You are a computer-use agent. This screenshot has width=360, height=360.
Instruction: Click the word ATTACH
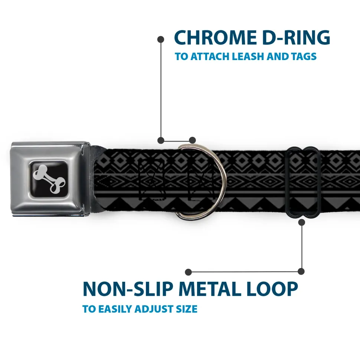[x=210, y=57]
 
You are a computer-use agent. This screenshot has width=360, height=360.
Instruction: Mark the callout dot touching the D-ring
[x=192, y=140]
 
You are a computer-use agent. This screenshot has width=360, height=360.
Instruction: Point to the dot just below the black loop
[x=302, y=222]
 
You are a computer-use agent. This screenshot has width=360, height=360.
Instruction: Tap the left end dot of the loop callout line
[x=189, y=272]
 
